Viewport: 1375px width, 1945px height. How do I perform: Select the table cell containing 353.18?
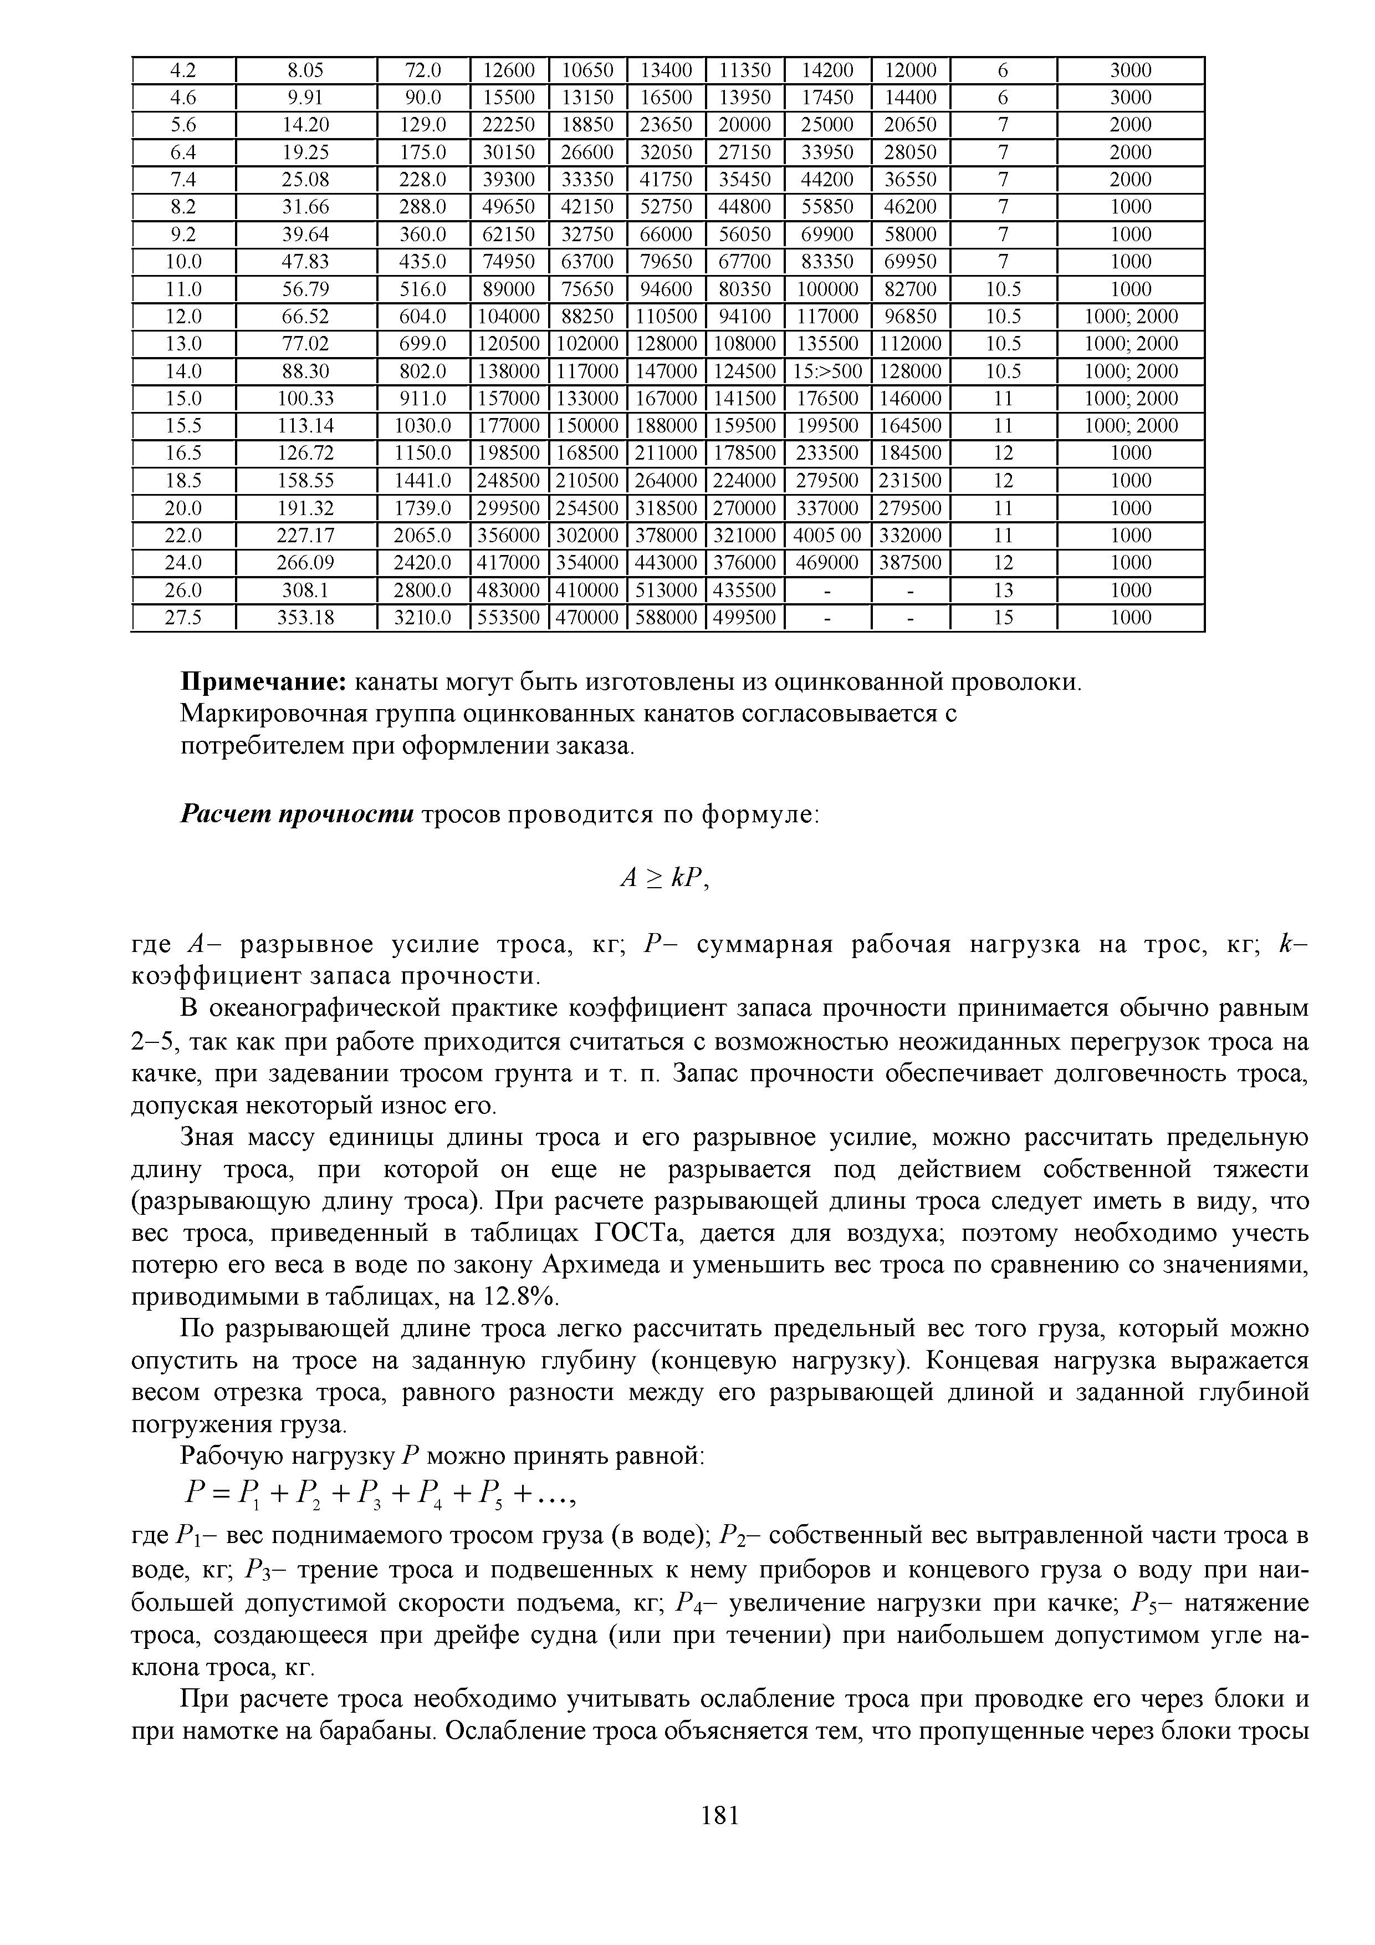[x=306, y=618]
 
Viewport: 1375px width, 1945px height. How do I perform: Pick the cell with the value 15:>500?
[x=827, y=371]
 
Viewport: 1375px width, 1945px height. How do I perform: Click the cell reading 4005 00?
[x=827, y=536]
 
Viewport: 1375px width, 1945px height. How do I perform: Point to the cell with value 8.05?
[x=306, y=70]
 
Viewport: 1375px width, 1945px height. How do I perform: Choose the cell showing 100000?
[x=827, y=289]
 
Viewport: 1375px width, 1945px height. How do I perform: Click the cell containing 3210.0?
[x=422, y=618]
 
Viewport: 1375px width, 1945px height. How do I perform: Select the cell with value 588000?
[x=666, y=618]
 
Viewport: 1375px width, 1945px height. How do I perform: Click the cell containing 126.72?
[x=306, y=453]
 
